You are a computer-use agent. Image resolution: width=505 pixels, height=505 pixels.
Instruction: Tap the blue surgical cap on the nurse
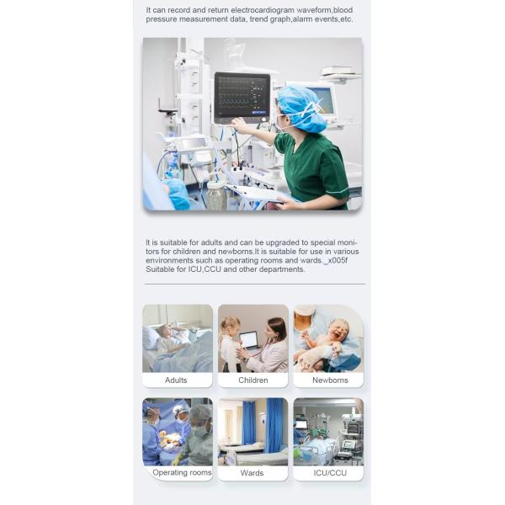pos(302,108)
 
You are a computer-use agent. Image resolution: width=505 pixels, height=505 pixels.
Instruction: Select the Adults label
pos(176,380)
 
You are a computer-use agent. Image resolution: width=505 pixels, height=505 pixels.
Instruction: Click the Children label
pos(253,380)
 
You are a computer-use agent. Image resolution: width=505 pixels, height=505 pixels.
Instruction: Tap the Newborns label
pos(330,380)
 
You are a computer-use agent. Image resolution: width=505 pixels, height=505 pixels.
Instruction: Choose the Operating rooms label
pos(182,472)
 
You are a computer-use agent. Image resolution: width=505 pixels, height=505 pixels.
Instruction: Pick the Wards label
pos(252,473)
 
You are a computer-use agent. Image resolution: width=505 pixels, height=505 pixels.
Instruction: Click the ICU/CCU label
pos(330,473)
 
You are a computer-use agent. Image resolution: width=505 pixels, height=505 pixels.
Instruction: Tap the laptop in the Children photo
pos(250,341)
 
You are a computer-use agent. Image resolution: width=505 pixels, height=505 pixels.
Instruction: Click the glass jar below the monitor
pos(215,195)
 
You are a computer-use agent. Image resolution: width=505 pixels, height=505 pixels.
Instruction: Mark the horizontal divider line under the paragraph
pos(255,284)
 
